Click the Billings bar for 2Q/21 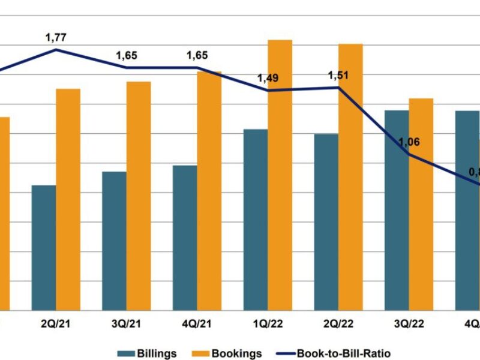pyautogui.click(x=44, y=247)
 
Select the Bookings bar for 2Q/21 pyautogui.click(x=68, y=199)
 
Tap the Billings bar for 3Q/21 pyautogui.click(x=114, y=241)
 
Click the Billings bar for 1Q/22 pyautogui.click(x=256, y=220)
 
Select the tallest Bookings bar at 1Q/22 pyautogui.click(x=280, y=175)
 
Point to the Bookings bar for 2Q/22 pyautogui.click(x=350, y=177)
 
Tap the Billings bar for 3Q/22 pyautogui.click(x=397, y=210)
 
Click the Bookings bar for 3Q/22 pyautogui.click(x=421, y=204)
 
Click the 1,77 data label pyautogui.click(x=56, y=38)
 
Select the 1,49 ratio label pyautogui.click(x=268, y=79)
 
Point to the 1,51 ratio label pyautogui.click(x=338, y=76)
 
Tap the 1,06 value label pyautogui.click(x=409, y=142)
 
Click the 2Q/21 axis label pyautogui.click(x=56, y=325)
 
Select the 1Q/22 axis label pyautogui.click(x=268, y=325)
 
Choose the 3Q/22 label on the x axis pyautogui.click(x=409, y=325)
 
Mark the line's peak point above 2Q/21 pyautogui.click(x=56, y=49)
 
